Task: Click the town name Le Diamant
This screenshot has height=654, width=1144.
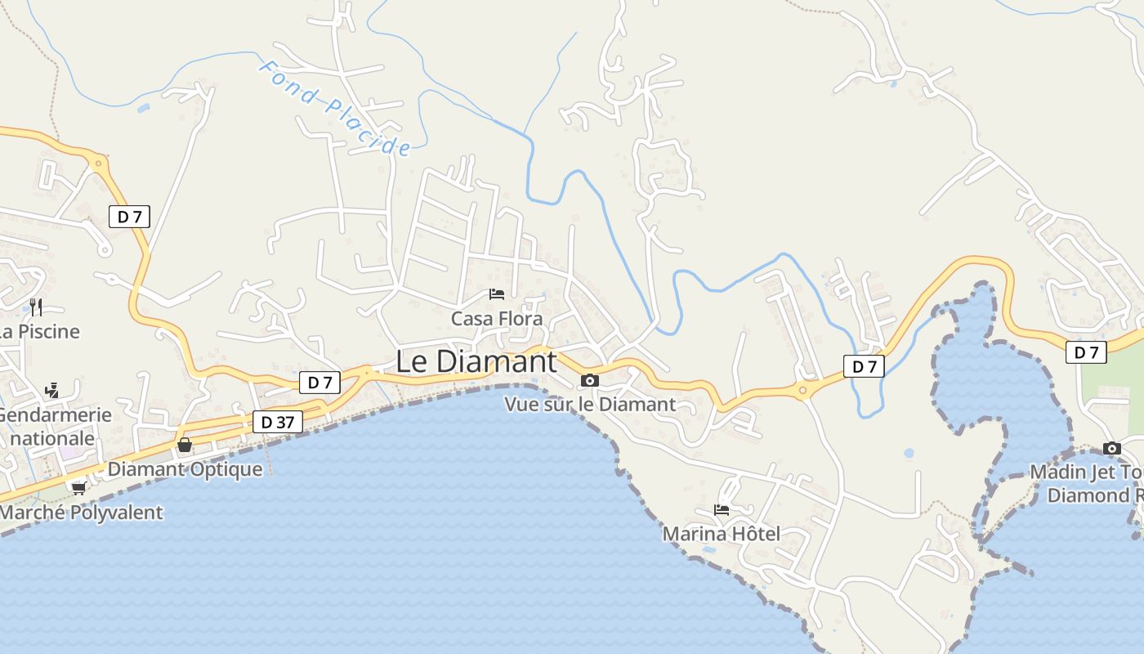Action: point(476,361)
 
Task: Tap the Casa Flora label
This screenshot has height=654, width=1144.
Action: point(497,319)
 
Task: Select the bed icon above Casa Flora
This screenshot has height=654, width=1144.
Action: point(496,294)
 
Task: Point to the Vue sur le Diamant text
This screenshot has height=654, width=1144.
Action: point(590,404)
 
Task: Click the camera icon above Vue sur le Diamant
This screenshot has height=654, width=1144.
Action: point(589,380)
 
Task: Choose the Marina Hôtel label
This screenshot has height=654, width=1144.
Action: point(721,534)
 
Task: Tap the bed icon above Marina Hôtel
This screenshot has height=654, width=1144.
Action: point(721,509)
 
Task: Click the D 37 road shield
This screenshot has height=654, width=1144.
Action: point(278,422)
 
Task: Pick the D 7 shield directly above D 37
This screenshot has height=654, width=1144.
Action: point(320,382)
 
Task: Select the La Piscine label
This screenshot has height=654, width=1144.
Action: point(39,331)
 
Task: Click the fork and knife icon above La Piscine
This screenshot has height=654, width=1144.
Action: point(35,307)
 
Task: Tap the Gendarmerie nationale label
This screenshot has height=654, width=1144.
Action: point(52,426)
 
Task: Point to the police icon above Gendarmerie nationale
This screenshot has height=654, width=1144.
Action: point(51,390)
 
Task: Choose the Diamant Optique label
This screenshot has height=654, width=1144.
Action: point(185,469)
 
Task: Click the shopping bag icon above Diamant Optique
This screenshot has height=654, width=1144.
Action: point(185,445)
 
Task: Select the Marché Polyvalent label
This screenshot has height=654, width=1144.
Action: point(81,513)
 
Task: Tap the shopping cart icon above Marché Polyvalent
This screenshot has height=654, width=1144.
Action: point(78,488)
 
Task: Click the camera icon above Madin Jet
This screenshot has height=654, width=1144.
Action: point(1111,448)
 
